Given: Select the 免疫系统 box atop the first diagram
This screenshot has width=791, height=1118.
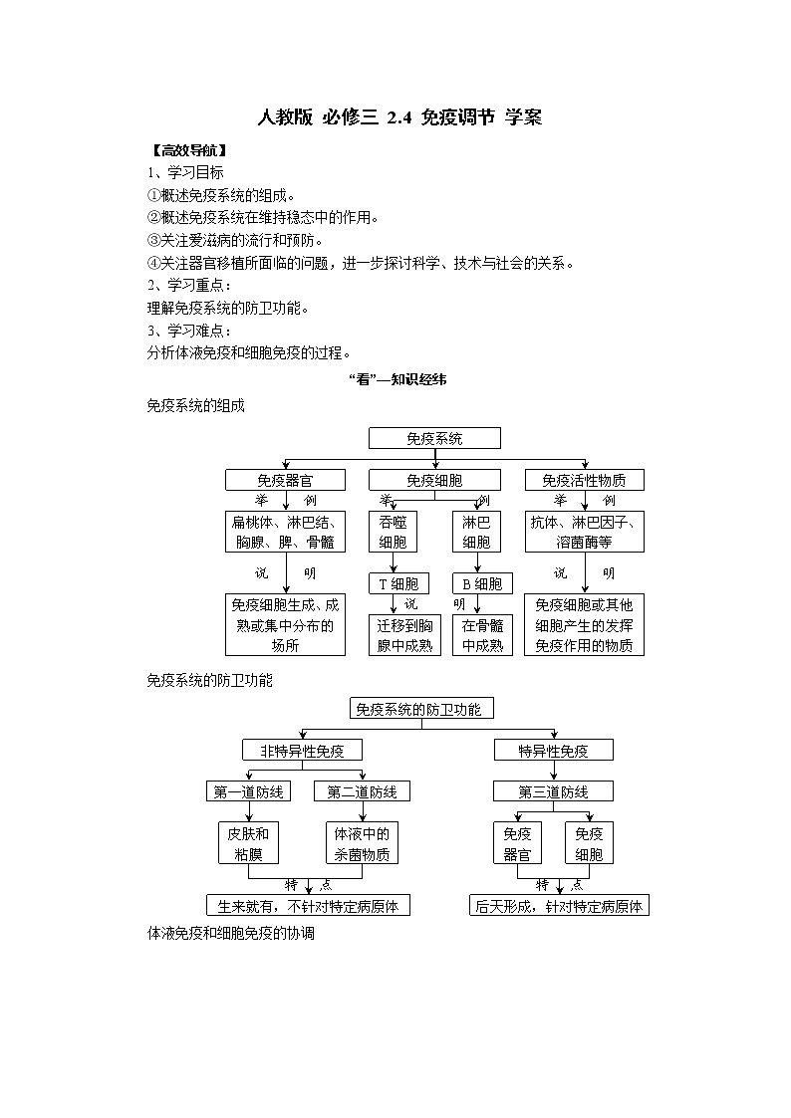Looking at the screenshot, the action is [x=434, y=438].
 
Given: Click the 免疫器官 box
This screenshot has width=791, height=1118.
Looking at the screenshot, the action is [x=285, y=480].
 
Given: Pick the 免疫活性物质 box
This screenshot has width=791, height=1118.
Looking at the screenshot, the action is [x=585, y=480].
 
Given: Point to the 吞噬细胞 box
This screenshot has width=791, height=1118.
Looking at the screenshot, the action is [x=393, y=532].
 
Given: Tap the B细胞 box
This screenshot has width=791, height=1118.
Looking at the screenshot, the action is [x=482, y=584].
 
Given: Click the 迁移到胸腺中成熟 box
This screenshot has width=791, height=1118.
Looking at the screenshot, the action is [x=405, y=635].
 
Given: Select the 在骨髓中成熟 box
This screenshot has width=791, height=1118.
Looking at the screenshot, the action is [x=482, y=635].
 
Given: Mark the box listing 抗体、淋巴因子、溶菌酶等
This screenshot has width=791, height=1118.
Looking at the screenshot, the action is [x=585, y=532].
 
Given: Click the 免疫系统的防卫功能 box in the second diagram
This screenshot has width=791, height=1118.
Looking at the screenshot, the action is [x=422, y=709].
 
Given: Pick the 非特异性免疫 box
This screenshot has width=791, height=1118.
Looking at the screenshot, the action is [x=302, y=750].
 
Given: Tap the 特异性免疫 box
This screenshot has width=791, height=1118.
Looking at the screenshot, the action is [x=554, y=750].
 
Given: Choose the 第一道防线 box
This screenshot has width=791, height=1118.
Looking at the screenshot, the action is [x=248, y=791].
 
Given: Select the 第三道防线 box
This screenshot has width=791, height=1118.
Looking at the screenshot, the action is [x=554, y=791].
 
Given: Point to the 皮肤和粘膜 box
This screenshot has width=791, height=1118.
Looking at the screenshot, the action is [x=248, y=843].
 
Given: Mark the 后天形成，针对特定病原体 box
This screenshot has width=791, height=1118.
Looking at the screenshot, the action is [x=560, y=905].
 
